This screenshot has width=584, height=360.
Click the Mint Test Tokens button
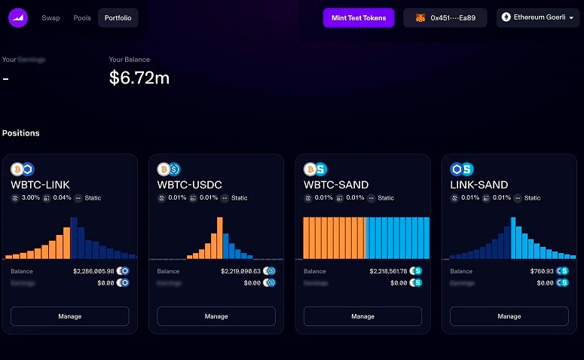click(x=359, y=18)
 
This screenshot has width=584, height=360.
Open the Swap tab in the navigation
click(x=51, y=18)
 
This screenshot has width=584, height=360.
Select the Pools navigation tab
click(x=82, y=18)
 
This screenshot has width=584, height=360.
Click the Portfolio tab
click(x=118, y=18)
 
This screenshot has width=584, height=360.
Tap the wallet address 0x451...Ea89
click(x=445, y=18)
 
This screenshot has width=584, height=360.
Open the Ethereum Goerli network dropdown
click(x=537, y=18)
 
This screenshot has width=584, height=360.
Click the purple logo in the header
click(x=18, y=18)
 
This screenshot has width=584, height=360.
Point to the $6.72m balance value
click(x=139, y=77)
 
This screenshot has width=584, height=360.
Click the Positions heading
click(x=21, y=133)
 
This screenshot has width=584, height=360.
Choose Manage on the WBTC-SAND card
click(x=362, y=316)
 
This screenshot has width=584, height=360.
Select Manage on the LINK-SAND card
click(x=509, y=316)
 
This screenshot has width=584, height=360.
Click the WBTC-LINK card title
click(x=41, y=185)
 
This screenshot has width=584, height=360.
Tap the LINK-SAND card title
click(x=479, y=185)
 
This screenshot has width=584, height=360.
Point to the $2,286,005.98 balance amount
click(x=93, y=271)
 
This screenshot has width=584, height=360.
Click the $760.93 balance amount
click(x=542, y=271)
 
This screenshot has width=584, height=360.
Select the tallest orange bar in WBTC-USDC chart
click(x=219, y=238)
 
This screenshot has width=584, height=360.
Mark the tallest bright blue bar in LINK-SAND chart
click(x=513, y=238)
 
